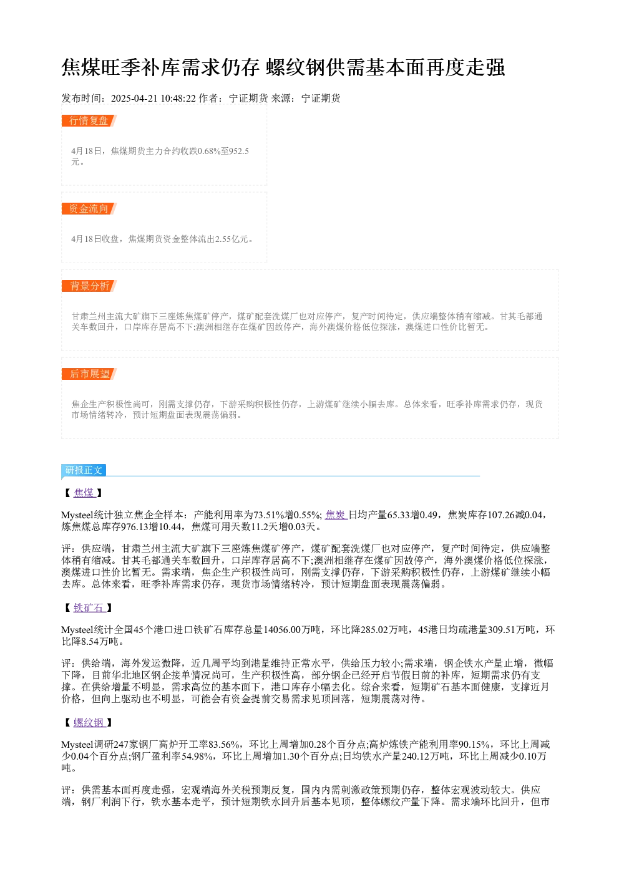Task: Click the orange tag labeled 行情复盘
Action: (89, 121)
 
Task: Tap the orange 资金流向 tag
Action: (89, 208)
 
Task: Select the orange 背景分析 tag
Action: (89, 286)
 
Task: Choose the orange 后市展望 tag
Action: (89, 374)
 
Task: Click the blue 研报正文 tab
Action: (84, 470)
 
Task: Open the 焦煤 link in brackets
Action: (84, 493)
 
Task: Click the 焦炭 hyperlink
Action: (336, 515)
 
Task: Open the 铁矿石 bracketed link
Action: (89, 608)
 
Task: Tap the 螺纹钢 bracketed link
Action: (89, 723)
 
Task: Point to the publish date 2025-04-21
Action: (134, 99)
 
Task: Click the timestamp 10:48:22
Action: (178, 99)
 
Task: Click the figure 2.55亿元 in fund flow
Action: (232, 239)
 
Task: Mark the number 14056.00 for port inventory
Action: (282, 630)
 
